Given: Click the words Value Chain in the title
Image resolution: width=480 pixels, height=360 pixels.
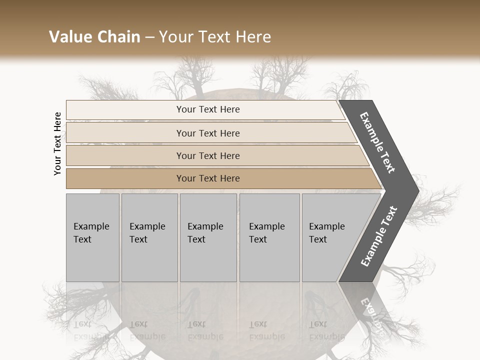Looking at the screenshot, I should tap(94, 37).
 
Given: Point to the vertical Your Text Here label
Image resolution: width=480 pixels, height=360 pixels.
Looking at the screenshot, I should tap(57, 143).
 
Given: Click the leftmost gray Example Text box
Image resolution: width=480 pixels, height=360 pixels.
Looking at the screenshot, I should tap(92, 237).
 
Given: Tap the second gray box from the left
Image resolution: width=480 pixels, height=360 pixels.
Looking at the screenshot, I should tap(149, 237).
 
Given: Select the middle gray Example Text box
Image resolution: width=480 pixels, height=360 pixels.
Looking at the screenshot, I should tap(208, 237).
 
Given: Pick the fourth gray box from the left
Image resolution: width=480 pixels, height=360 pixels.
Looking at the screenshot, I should tap(269, 237).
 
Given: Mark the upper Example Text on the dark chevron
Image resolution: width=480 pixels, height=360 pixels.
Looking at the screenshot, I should tap(377, 142).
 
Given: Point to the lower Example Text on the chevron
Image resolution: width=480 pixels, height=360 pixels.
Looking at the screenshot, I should tap(378, 236).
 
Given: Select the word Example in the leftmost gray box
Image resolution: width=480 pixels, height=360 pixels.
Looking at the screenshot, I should tap(91, 226).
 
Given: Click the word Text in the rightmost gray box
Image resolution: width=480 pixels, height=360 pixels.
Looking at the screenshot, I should tap(318, 239).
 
